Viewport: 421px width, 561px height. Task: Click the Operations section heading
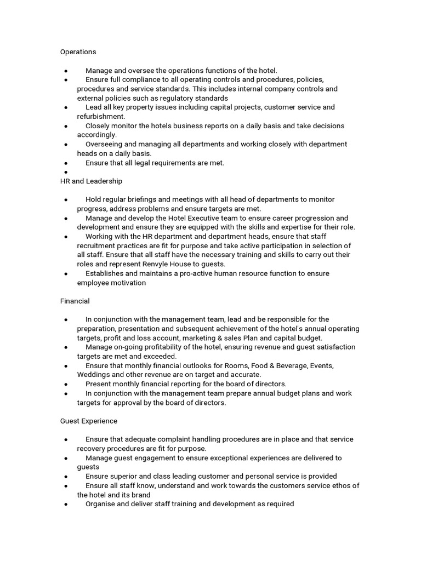tap(78, 52)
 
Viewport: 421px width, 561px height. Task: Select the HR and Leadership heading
tap(91, 181)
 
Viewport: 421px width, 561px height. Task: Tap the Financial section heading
tap(75, 301)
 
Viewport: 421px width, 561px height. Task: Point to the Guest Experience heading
tap(88, 421)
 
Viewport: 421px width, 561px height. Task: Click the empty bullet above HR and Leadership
tap(66, 172)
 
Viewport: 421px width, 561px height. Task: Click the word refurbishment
tap(101, 116)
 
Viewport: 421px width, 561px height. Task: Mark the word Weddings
tap(94, 375)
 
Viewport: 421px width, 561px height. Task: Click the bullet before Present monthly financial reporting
tap(66, 384)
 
